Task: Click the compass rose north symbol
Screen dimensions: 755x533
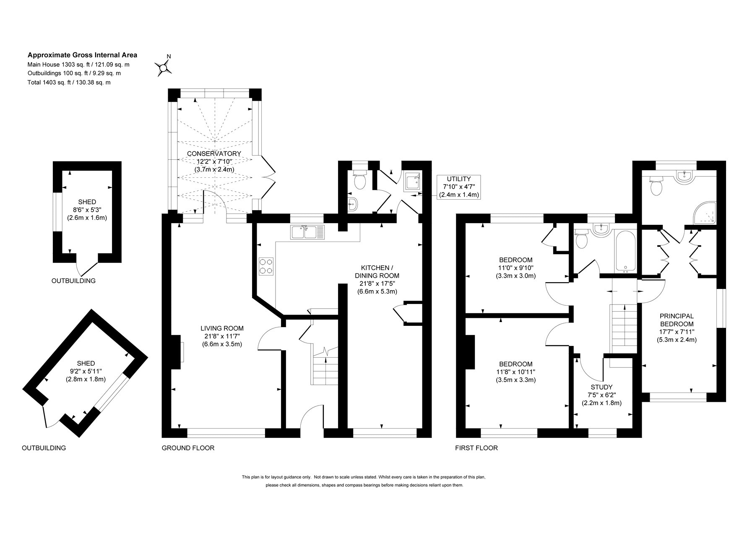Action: click(164, 66)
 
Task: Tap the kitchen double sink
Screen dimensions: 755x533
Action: click(307, 232)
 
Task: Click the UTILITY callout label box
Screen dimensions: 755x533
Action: click(458, 187)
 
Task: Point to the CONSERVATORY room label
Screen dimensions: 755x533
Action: click(214, 161)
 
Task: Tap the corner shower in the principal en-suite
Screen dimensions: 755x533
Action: click(706, 213)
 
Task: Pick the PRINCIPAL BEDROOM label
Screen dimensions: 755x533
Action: click(677, 328)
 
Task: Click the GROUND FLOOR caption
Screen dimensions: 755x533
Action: click(188, 448)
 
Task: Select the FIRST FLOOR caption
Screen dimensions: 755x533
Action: click(476, 448)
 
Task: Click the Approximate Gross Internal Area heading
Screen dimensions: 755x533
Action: click(82, 55)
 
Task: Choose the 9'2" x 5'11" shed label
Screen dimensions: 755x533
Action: click(86, 371)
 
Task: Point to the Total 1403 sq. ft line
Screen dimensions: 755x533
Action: click(69, 83)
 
